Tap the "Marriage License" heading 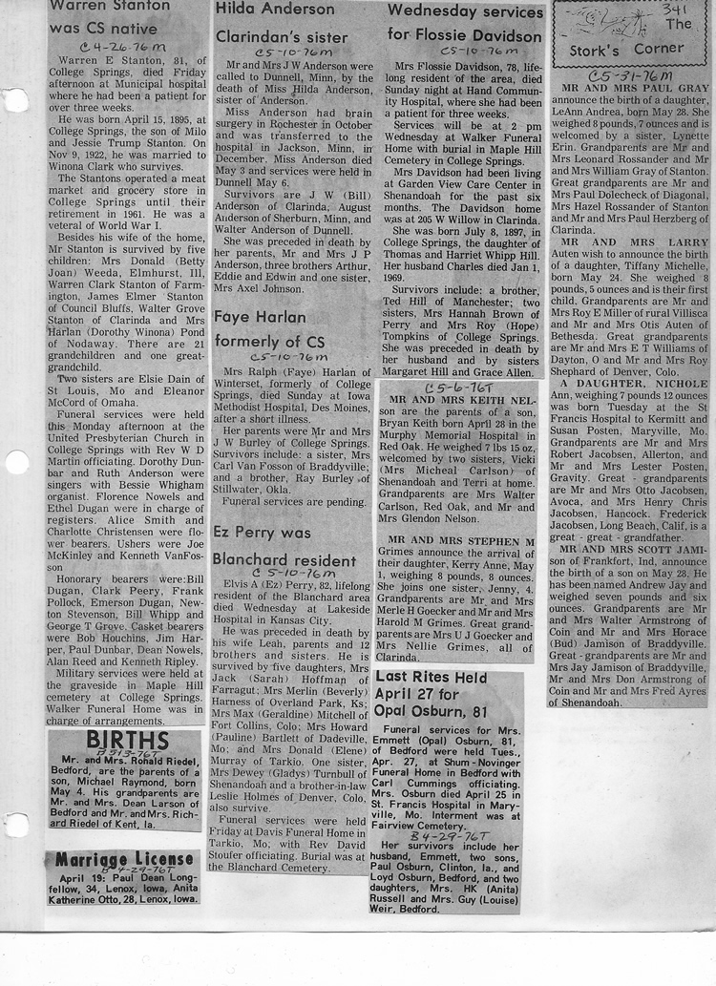coord(124,859)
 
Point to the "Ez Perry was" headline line coord(261,532)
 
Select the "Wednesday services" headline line coord(466,12)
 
